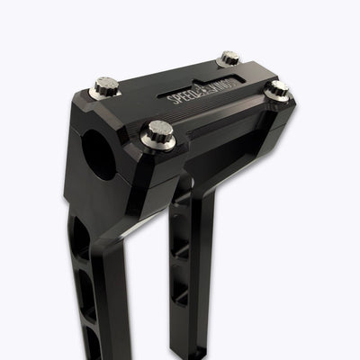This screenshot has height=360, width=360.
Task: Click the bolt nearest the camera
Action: (x=158, y=135)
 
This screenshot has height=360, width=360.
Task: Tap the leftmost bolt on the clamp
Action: (x=106, y=87)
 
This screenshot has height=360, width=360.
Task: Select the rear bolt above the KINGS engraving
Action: (x=229, y=59)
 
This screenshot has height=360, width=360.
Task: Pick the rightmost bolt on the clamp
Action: (x=278, y=90)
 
